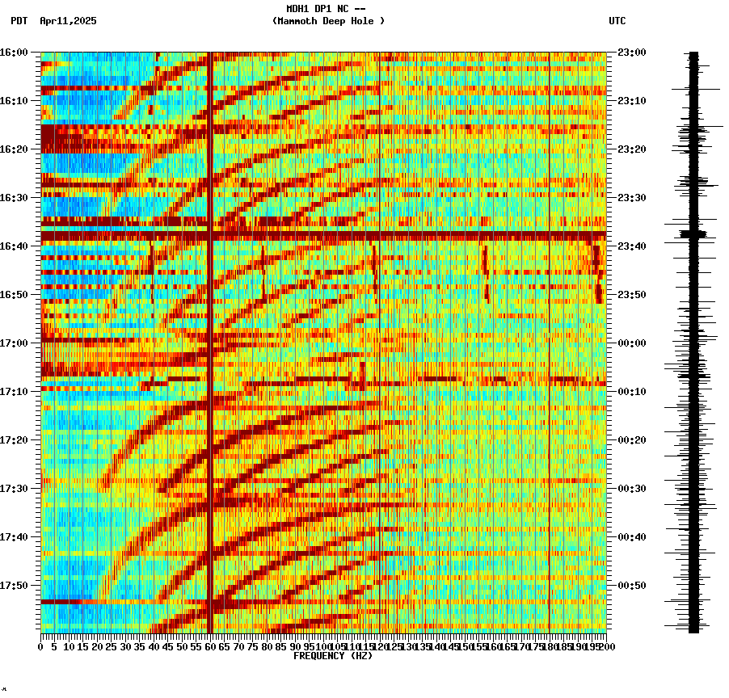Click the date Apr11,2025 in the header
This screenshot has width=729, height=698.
pos(68,21)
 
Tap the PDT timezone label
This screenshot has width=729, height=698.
pos(19,21)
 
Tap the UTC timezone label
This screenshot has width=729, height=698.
pos(617,21)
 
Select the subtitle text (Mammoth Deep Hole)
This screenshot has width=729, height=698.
pos(328,21)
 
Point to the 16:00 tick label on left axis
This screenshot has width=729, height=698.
pos(14,53)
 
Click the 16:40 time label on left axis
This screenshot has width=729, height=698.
pos(14,246)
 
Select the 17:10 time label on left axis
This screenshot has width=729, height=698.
pos(14,392)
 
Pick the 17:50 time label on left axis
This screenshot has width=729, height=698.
pos(14,586)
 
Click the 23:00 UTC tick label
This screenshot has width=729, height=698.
pos(630,53)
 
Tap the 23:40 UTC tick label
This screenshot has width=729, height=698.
pos(630,246)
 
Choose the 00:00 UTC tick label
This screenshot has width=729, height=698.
pos(630,343)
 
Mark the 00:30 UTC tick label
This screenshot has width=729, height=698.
pos(630,489)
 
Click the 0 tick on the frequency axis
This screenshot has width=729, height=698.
pos(41,646)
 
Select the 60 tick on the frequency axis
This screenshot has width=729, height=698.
pos(210,646)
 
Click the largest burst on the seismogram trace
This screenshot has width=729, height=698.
pos(693,234)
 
